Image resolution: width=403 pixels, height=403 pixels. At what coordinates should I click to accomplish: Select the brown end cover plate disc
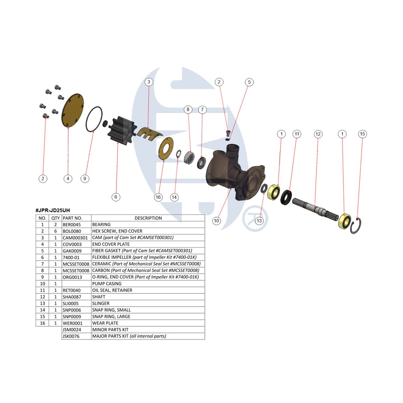coord(72,111)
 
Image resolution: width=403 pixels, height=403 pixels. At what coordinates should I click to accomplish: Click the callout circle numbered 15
coord(362,134)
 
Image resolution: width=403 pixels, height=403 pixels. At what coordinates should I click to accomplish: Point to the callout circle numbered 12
coord(318,134)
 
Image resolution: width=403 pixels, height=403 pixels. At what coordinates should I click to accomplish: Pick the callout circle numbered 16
coord(158,197)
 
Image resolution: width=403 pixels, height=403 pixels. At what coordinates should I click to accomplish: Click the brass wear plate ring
coord(166,148)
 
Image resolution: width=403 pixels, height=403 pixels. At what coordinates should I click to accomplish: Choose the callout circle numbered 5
coord(249,82)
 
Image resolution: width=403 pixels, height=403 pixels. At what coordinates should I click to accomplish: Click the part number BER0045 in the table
coord(71,225)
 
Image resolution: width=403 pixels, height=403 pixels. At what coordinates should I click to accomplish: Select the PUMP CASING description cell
coord(107,284)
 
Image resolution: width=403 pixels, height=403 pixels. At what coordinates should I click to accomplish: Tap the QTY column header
coord(55,218)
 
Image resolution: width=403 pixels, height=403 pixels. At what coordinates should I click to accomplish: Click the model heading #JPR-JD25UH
coord(53,210)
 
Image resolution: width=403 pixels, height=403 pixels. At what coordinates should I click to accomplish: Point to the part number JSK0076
coord(71,336)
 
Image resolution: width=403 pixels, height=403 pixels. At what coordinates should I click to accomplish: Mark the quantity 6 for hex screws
coord(55,231)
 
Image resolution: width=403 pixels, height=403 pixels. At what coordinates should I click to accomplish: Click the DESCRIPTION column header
coord(148,218)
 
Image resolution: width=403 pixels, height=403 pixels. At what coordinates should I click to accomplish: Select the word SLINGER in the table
coord(101,304)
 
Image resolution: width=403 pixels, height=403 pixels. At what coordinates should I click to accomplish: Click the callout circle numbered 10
coord(217,221)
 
